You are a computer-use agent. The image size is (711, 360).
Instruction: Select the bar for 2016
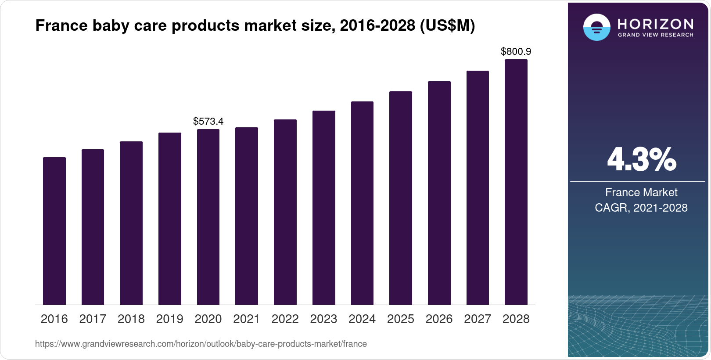tap(54, 231)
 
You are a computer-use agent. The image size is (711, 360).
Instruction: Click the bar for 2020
tap(208, 217)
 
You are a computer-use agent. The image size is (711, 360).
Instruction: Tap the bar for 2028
tap(516, 182)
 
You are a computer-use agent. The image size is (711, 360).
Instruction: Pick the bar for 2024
tap(362, 203)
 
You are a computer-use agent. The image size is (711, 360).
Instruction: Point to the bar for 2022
tap(285, 212)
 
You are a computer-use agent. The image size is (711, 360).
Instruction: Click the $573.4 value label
tap(208, 121)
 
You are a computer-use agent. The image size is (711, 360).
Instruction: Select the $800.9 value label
tap(516, 52)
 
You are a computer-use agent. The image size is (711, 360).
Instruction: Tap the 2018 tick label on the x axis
tap(131, 319)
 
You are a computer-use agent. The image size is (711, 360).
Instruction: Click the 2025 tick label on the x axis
tap(400, 319)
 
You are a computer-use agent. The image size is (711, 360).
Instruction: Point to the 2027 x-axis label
tap(478, 319)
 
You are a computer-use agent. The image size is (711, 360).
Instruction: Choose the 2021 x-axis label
tap(246, 319)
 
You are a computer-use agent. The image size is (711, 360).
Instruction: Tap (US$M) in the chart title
tap(447, 25)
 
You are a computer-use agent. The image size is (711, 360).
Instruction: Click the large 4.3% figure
tap(641, 160)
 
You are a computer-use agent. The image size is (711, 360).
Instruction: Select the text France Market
tap(641, 192)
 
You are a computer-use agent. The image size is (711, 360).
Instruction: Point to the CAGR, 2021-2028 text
tap(641, 208)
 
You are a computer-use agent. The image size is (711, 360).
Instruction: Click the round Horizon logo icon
tap(596, 27)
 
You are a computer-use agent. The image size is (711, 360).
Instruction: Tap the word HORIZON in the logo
tap(655, 24)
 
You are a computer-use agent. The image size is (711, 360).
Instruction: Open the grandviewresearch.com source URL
tap(201, 344)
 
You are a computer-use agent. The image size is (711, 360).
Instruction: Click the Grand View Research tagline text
tap(655, 35)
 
